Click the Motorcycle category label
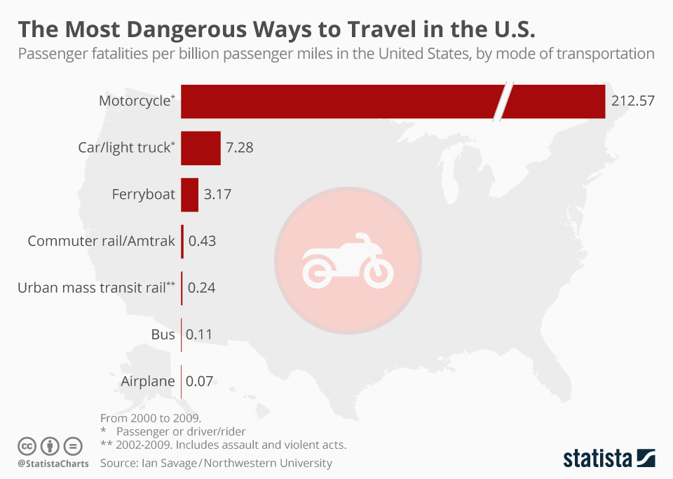(135, 101)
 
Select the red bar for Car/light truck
(200, 148)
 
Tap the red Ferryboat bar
(189, 195)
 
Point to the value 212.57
(632, 101)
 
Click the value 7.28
(239, 148)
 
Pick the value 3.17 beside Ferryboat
(217, 195)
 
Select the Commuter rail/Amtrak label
(101, 242)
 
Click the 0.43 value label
(202, 242)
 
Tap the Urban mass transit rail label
(95, 288)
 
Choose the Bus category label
(163, 335)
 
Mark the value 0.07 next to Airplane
(198, 382)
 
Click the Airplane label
(147, 382)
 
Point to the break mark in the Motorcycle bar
(503, 102)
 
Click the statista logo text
(597, 459)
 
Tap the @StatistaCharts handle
(53, 464)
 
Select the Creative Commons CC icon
(27, 446)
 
